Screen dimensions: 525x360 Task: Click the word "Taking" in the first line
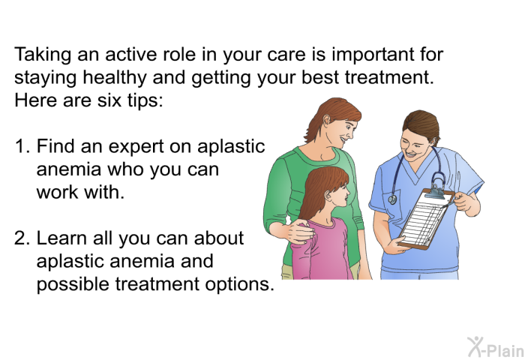pyautogui.click(x=43, y=55)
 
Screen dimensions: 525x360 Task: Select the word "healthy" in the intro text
pyautogui.click(x=115, y=78)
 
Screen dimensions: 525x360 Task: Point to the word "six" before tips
pyautogui.click(x=109, y=100)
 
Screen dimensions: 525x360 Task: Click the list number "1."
pyautogui.click(x=22, y=146)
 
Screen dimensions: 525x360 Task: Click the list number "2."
pyautogui.click(x=22, y=238)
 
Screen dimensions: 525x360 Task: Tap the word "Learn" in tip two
pyautogui.click(x=61, y=238)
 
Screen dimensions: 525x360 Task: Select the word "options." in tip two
pyautogui.click(x=240, y=285)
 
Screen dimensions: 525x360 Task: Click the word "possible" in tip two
pyautogui.click(x=73, y=284)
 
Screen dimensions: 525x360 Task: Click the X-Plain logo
pyautogui.click(x=496, y=347)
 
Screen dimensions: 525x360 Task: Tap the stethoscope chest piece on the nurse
pyautogui.click(x=392, y=199)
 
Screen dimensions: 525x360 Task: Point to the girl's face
pyautogui.click(x=340, y=194)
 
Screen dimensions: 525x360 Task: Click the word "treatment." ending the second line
pyautogui.click(x=389, y=78)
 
